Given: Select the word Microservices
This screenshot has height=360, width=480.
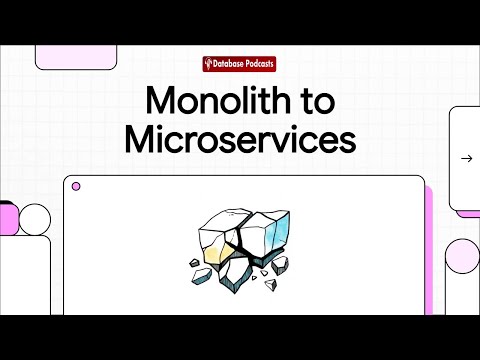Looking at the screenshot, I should coord(240,140).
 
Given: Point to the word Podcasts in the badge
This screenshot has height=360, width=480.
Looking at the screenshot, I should coord(259,65).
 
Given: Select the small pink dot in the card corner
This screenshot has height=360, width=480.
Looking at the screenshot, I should coord(76,186).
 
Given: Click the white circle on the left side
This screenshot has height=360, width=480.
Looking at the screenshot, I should coord(35,218).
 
